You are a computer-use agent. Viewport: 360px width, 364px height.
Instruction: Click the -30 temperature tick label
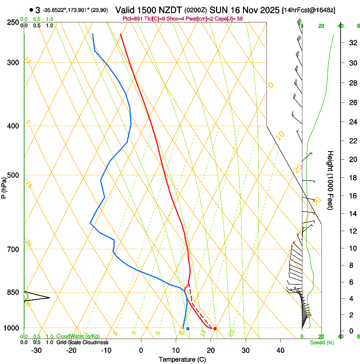[x=36, y=350]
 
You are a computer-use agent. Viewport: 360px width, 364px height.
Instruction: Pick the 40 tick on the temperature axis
[x=280, y=350]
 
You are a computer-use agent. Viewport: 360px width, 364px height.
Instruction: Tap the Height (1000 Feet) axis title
[x=331, y=180]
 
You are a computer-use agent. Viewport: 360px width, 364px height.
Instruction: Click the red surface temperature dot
[x=215, y=328]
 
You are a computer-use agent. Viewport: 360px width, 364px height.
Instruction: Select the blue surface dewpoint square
[x=188, y=328]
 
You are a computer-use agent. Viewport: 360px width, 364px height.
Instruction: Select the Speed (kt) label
[x=321, y=342]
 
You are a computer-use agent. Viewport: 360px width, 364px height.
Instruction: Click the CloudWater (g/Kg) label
[x=78, y=336]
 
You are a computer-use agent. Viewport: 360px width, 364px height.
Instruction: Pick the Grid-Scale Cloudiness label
[x=82, y=342]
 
